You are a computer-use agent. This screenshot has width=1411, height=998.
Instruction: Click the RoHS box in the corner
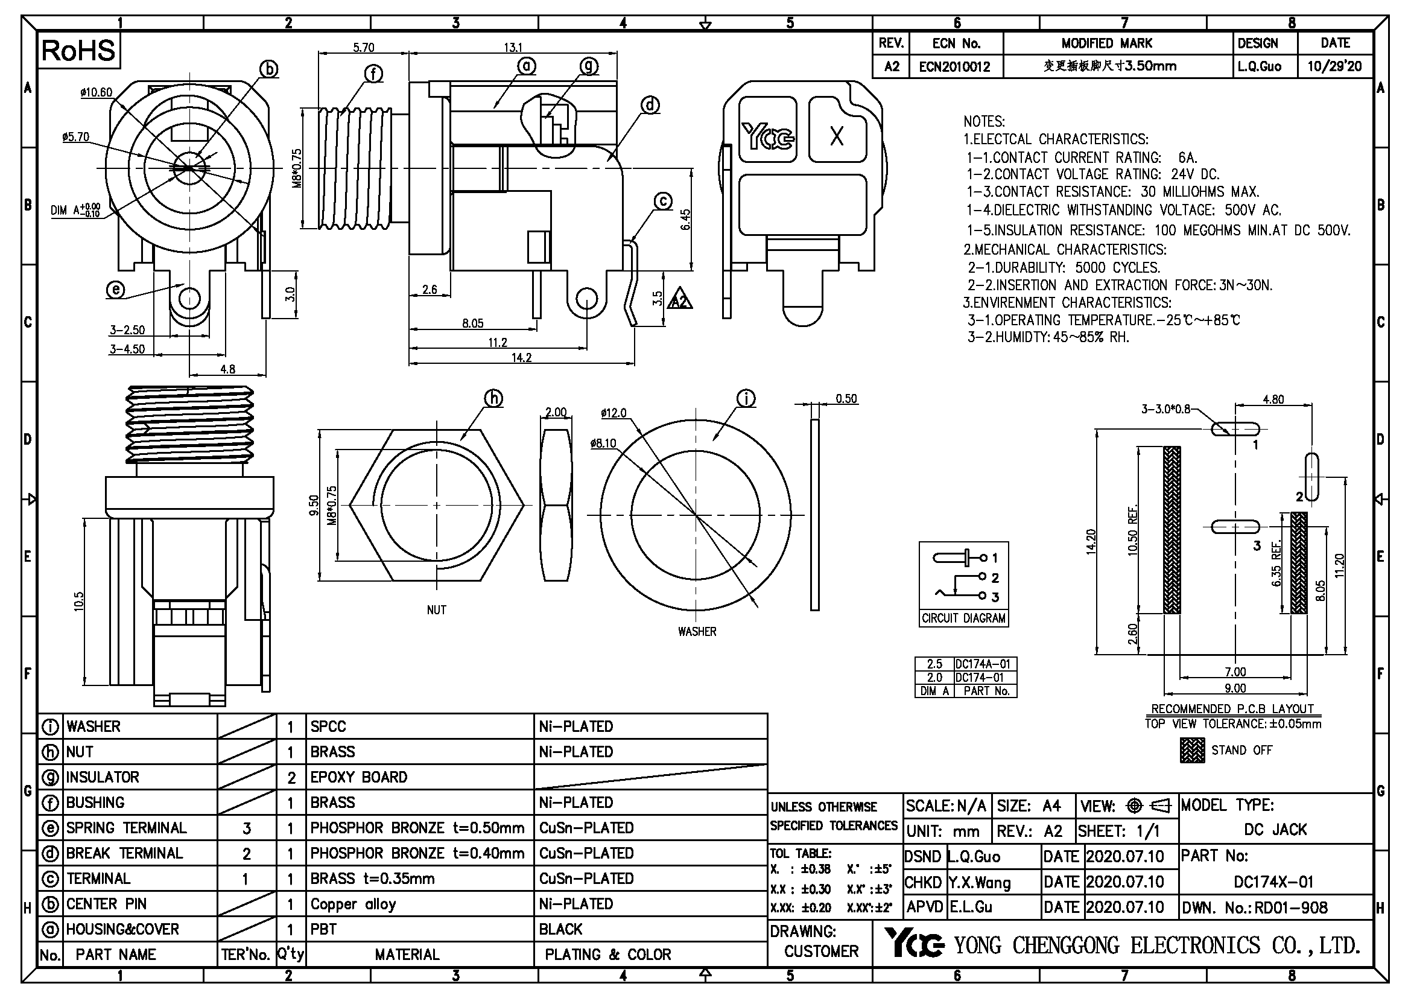pyautogui.click(x=78, y=51)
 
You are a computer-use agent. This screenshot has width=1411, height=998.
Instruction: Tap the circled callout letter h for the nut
pyautogui.click(x=493, y=399)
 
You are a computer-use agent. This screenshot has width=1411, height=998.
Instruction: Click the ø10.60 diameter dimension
pyautogui.click(x=96, y=93)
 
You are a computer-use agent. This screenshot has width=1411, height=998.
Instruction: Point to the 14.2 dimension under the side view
pyautogui.click(x=521, y=358)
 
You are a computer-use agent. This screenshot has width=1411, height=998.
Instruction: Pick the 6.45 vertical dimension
pyautogui.click(x=686, y=220)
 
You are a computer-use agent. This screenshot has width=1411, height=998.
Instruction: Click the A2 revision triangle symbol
pyautogui.click(x=680, y=300)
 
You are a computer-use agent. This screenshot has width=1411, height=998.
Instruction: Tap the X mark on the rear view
pyautogui.click(x=836, y=136)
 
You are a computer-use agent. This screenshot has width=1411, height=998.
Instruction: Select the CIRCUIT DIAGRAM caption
pyautogui.click(x=963, y=618)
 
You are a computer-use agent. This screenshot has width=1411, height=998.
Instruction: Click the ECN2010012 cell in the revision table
pyautogui.click(x=954, y=67)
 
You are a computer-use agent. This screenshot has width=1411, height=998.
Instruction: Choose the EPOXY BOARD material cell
pyautogui.click(x=359, y=777)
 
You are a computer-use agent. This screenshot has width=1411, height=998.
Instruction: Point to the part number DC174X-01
pyautogui.click(x=1273, y=883)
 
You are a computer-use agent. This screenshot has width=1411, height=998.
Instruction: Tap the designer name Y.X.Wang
pyautogui.click(x=979, y=883)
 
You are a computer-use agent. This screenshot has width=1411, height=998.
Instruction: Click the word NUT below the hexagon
pyautogui.click(x=436, y=610)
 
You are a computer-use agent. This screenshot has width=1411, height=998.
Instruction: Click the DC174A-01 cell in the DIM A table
pyautogui.click(x=983, y=664)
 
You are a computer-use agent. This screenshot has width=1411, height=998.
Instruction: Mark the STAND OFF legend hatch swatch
pyautogui.click(x=1191, y=751)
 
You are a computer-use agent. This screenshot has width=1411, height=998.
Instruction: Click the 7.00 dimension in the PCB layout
pyautogui.click(x=1235, y=672)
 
